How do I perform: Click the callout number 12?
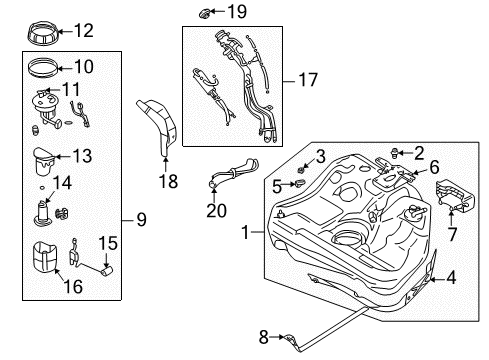click(83, 31)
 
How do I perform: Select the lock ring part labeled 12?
click(42, 31)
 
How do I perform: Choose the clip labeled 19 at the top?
click(205, 13)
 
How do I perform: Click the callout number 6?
click(435, 170)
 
